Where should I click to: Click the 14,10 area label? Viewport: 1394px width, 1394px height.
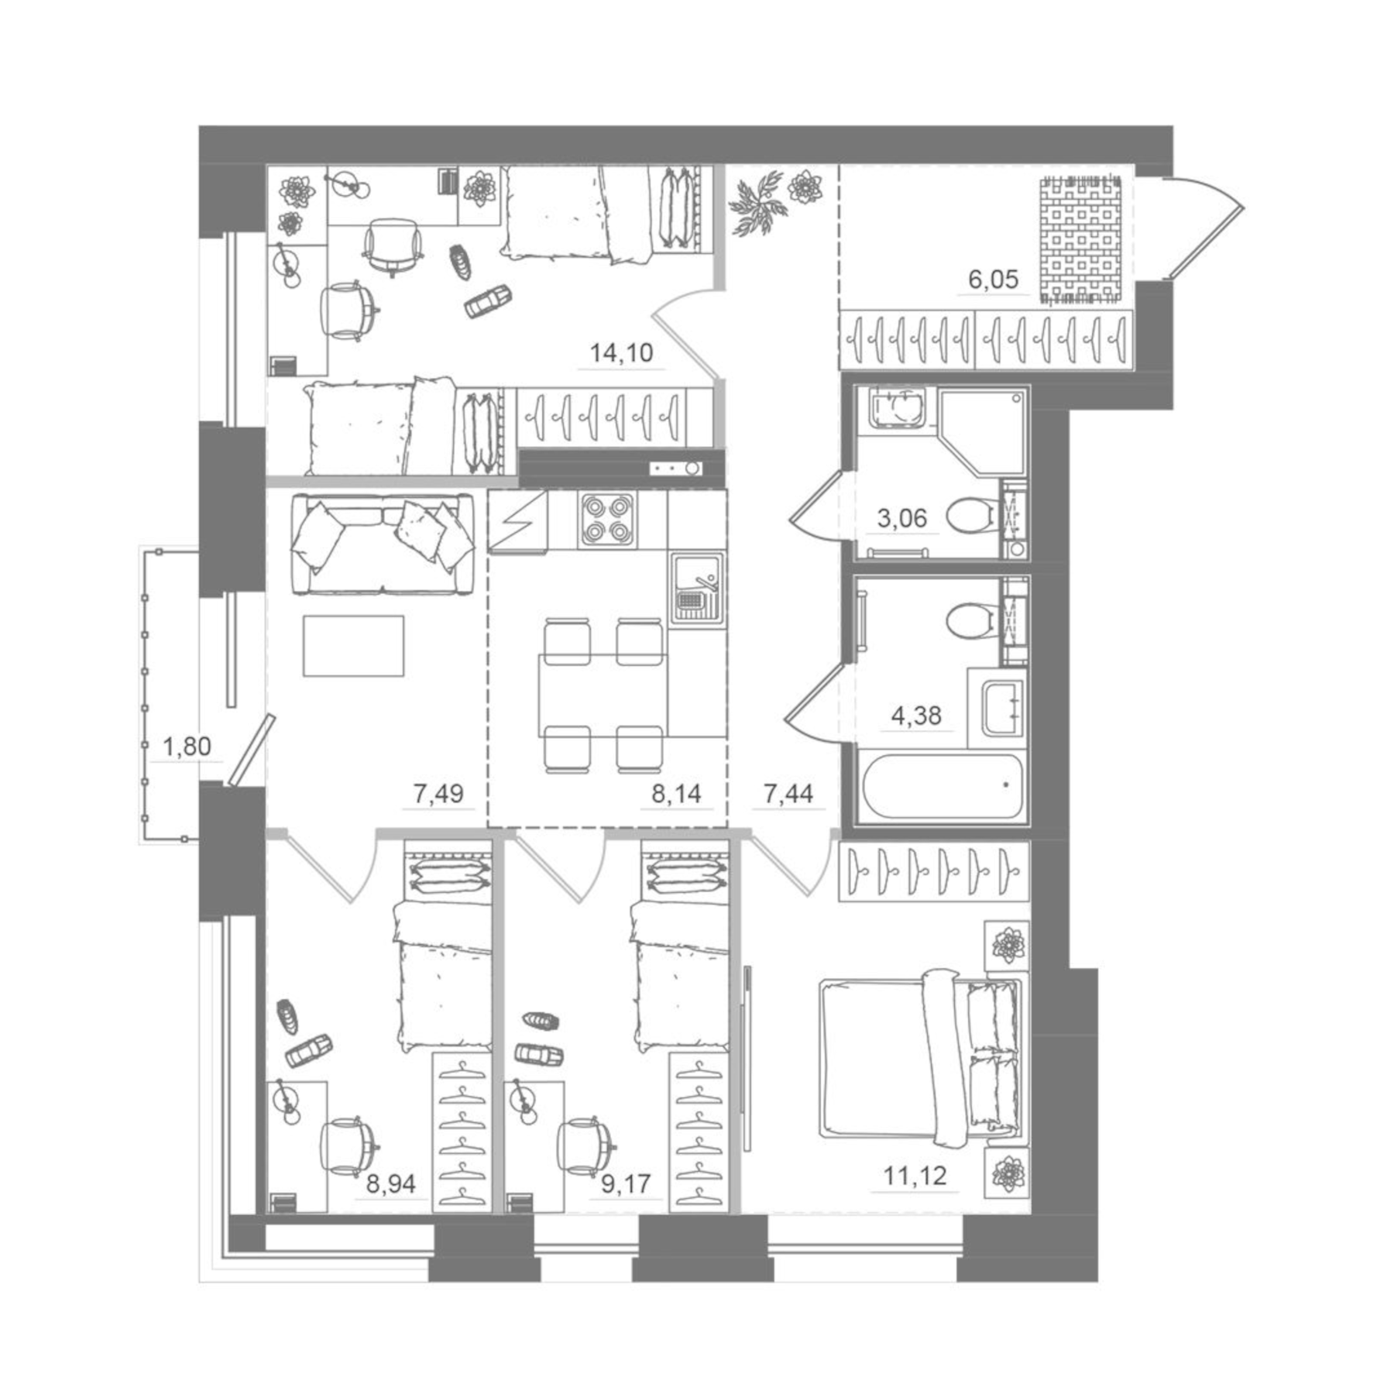click(x=621, y=353)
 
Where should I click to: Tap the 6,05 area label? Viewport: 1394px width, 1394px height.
click(x=994, y=279)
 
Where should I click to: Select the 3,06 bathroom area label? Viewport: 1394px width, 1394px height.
click(x=902, y=517)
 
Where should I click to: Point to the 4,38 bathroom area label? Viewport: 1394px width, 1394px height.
click(x=916, y=716)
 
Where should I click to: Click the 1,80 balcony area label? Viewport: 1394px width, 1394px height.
click(x=187, y=747)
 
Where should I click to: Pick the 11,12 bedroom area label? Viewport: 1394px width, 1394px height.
click(x=915, y=1176)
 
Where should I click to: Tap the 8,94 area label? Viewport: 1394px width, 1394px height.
click(x=391, y=1183)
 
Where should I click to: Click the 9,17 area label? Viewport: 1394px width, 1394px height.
click(x=626, y=1183)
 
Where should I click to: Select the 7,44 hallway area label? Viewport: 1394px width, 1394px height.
click(x=788, y=793)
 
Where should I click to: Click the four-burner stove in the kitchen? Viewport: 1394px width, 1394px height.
click(x=607, y=520)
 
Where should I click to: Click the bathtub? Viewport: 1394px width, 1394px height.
click(x=942, y=785)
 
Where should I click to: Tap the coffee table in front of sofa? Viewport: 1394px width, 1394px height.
click(x=353, y=645)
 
